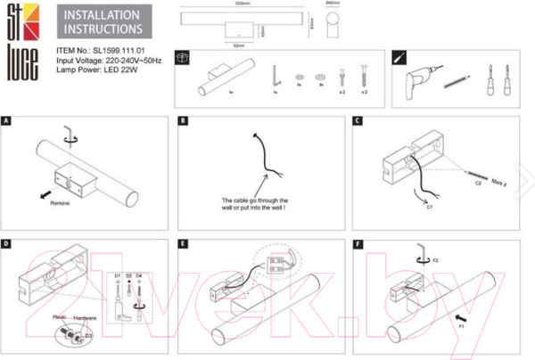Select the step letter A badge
click(7, 119)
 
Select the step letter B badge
click(184, 119)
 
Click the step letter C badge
click(358, 119)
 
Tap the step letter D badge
click(7, 242)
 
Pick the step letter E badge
click(184, 242)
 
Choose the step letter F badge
click(358, 242)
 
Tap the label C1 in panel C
click(429, 208)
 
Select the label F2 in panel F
click(437, 264)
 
